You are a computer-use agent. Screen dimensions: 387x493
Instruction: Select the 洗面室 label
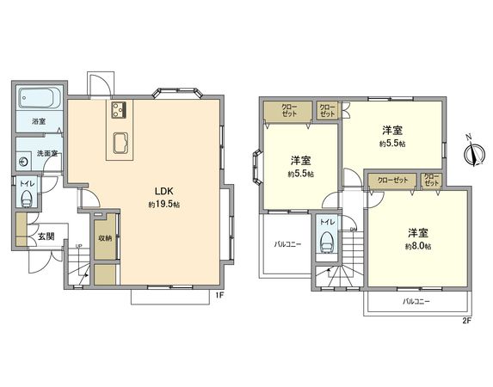tap(46, 154)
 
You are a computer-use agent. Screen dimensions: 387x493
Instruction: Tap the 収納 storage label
tap(104, 238)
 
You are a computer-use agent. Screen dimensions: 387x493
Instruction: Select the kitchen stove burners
tap(119, 110)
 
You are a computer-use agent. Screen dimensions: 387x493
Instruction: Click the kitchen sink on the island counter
tap(119, 142)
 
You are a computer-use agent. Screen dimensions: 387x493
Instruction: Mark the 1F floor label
tap(219, 295)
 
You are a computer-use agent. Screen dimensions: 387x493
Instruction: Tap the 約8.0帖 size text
tap(418, 246)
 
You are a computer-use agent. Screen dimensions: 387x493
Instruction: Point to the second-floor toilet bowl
tap(326, 243)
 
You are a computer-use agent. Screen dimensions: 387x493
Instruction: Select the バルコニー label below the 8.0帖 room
tap(416, 302)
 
